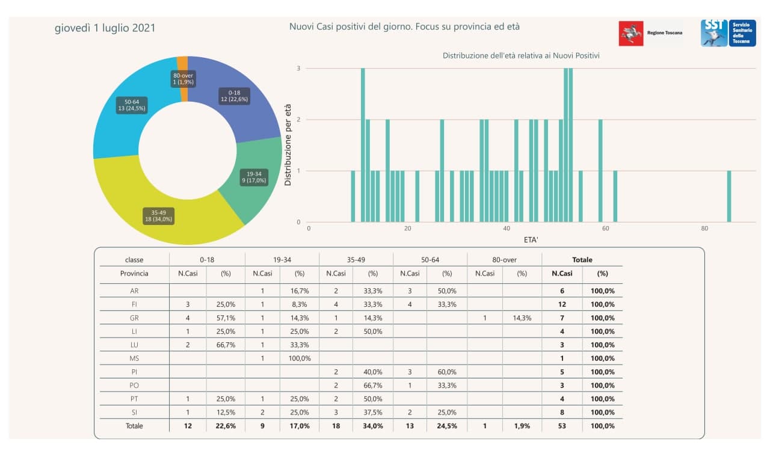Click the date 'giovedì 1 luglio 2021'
[105, 28]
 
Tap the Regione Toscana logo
[650, 33]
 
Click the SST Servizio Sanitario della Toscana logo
[728, 33]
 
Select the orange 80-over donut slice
[183, 63]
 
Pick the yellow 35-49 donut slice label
[158, 215]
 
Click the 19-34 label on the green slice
[253, 177]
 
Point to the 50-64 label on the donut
[132, 105]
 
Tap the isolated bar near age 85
[729, 196]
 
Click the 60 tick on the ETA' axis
[605, 229]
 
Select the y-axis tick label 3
[298, 69]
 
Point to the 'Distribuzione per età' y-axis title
[288, 145]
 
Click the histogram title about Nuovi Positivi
[521, 55]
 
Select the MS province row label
[134, 359]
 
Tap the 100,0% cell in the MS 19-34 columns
[300, 359]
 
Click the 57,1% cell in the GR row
[226, 318]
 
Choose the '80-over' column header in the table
[504, 260]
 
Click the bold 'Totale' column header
[582, 260]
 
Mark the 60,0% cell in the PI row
[447, 372]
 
